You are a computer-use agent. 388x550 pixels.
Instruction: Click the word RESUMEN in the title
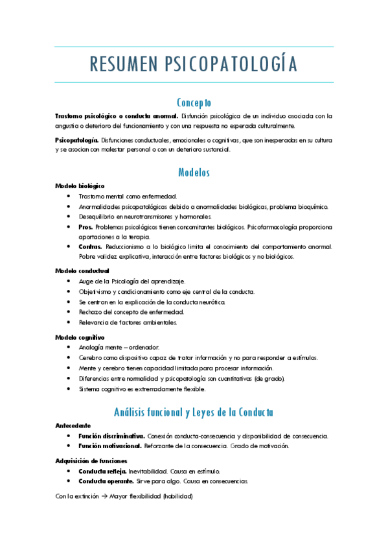[122, 64]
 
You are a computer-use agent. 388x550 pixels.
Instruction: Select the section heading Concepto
[194, 102]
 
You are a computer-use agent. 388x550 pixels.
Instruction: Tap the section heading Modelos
[194, 173]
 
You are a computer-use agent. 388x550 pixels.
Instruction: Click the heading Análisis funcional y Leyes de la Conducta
[194, 412]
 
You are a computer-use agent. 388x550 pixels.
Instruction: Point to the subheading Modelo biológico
[80, 185]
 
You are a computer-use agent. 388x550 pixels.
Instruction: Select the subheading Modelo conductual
[82, 270]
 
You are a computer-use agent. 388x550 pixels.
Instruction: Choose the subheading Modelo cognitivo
[80, 337]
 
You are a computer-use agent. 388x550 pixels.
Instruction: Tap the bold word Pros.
[86, 227]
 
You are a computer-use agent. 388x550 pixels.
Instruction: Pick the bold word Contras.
[90, 247]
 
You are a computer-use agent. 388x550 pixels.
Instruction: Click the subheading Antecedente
[73, 425]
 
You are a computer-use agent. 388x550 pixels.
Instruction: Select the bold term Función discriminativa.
[111, 436]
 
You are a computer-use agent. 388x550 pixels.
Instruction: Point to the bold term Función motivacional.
[109, 446]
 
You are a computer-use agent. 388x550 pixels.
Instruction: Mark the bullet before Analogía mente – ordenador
[69, 348]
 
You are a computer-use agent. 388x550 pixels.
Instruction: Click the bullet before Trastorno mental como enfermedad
[69, 196]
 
